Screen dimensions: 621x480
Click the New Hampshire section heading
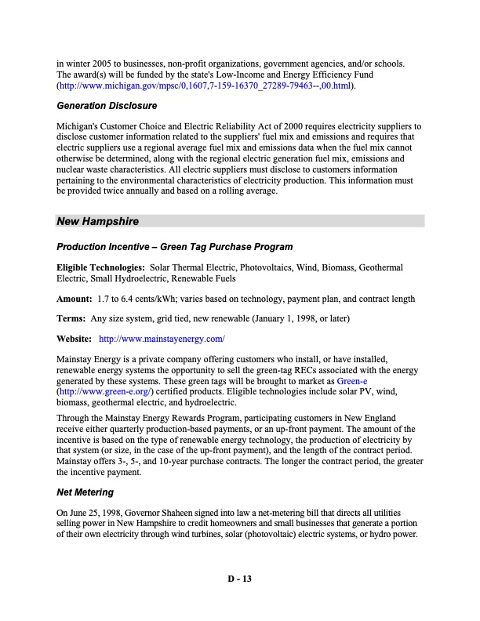click(99, 222)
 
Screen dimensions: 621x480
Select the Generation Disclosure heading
click(107, 106)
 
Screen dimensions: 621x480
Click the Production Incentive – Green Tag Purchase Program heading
click(175, 248)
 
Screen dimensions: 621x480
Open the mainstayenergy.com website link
click(162, 339)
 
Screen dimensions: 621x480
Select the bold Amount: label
click(75, 299)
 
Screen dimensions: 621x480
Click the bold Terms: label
click(71, 319)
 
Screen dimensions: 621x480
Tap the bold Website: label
click(75, 339)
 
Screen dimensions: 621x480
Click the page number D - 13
click(239, 579)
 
